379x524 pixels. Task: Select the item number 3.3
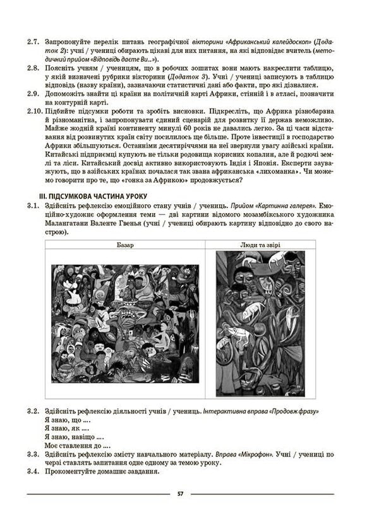pyautogui.click(x=32, y=454)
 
